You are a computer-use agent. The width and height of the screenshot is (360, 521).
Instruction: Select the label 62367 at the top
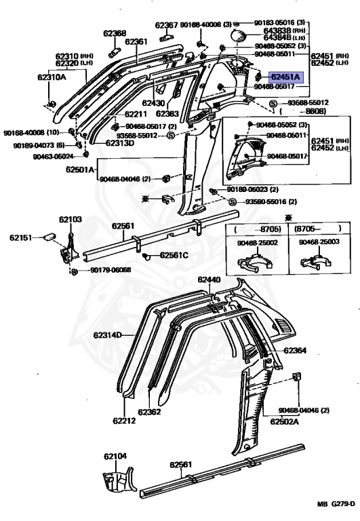(166, 25)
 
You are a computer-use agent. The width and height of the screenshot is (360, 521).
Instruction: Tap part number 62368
(115, 33)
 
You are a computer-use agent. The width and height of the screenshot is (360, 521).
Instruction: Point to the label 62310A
(52, 77)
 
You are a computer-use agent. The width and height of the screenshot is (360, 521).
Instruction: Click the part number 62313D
(119, 143)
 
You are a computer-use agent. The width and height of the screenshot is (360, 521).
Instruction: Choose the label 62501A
(81, 170)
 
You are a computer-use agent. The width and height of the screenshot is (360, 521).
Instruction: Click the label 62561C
(174, 255)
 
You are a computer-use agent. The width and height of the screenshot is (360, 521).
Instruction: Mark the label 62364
(295, 351)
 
